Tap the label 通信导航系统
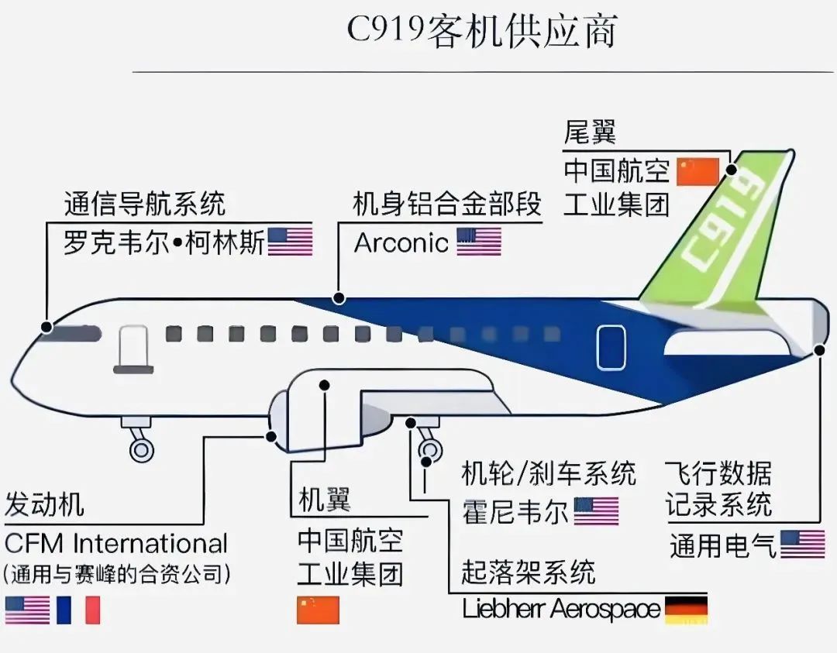coord(145,203)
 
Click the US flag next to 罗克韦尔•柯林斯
coord(290,242)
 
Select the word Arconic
coord(401,242)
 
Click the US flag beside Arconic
coord(479,242)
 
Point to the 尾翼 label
coord(590,132)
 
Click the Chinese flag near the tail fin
coord(698,171)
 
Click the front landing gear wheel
coord(142,450)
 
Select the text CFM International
coord(115,544)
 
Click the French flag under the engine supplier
coord(78,610)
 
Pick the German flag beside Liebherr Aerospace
coord(686,610)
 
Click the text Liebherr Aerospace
coord(561,609)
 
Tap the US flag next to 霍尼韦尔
coord(596,511)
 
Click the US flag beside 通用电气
coord(803,544)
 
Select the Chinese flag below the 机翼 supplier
coord(319,610)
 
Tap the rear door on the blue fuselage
coord(611,347)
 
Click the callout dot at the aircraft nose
coord(47,327)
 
